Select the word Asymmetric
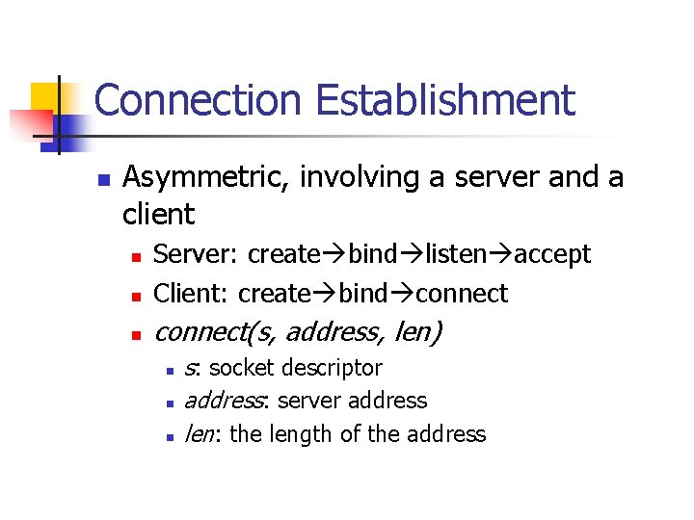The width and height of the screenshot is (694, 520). coord(207,178)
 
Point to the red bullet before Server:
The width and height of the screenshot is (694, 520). coord(137,257)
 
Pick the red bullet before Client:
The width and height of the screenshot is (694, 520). coord(137,295)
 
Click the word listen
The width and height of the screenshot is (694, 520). coord(458,255)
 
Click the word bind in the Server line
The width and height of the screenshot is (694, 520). coord(372,255)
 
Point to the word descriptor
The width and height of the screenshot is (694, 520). coord(334,368)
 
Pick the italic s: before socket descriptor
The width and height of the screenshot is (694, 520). coord(192,368)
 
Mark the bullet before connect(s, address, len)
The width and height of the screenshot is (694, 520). coord(137,334)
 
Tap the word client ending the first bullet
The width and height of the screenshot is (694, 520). coord(159,214)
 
